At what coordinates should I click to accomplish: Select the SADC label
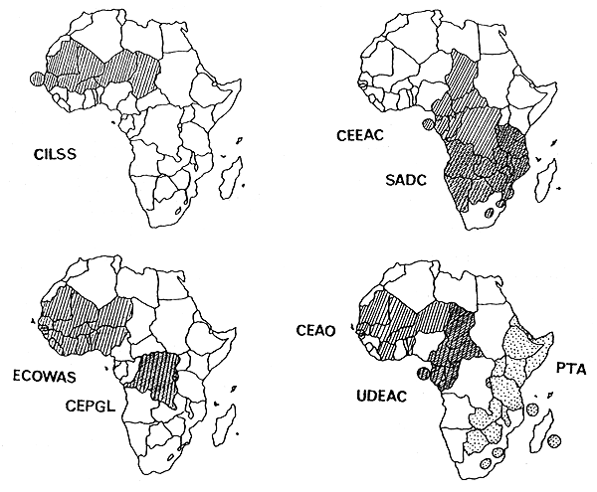point(408,180)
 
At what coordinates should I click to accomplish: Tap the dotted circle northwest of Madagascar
point(533,410)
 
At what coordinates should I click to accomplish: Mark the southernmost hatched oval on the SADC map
point(490,212)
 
